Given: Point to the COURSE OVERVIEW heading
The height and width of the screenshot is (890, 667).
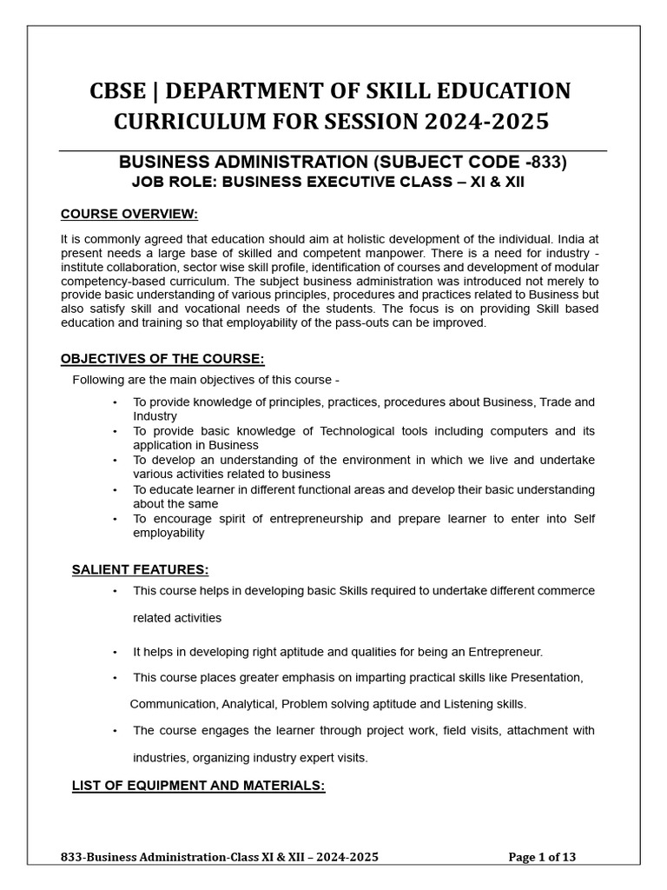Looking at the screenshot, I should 129,214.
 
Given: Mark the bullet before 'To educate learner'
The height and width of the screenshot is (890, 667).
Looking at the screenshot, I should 115,489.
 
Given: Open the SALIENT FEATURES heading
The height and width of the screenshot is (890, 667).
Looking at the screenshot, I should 140,570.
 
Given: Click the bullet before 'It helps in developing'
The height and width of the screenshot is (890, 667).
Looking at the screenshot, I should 115,651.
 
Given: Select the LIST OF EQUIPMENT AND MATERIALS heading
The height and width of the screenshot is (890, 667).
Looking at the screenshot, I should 198,786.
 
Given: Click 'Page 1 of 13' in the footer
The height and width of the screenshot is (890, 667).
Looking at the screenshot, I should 541,857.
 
